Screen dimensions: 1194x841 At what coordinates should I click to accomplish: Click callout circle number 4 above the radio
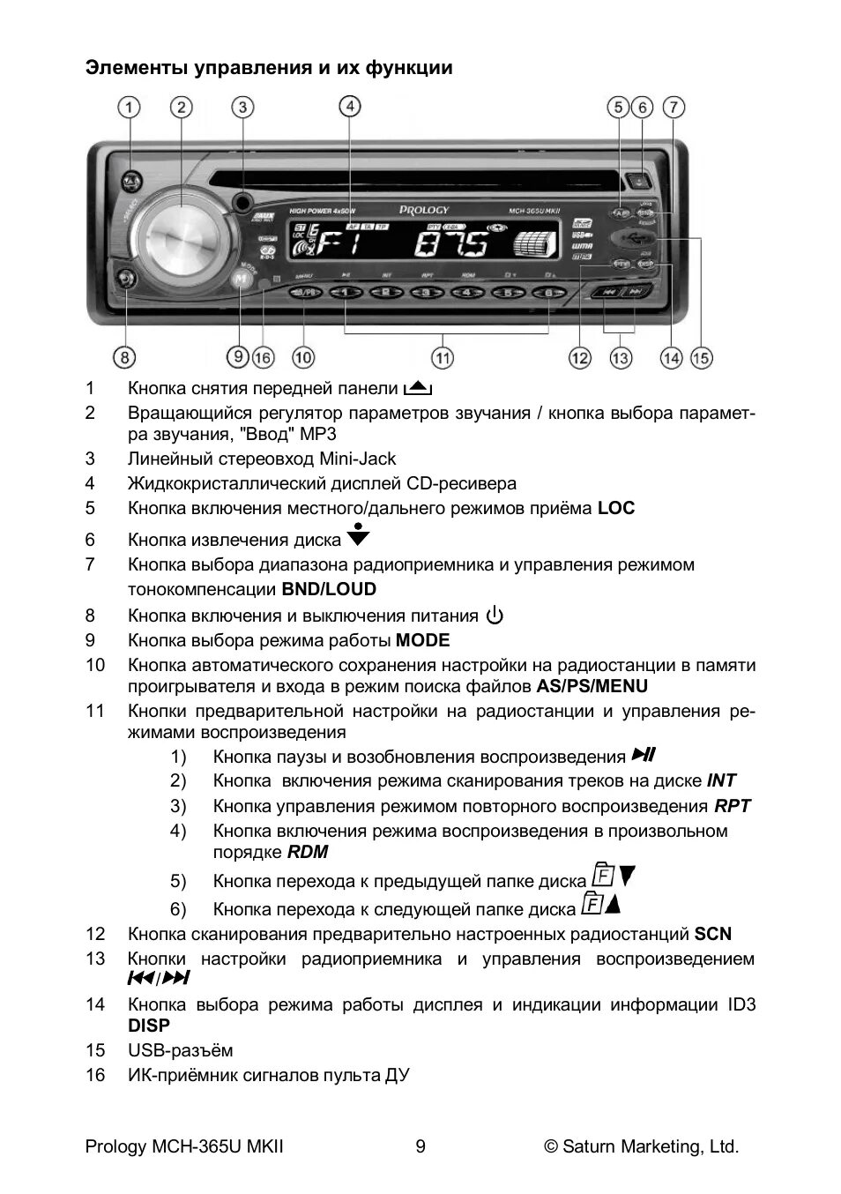tap(350, 107)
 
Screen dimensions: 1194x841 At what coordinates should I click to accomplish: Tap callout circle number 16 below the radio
tap(263, 357)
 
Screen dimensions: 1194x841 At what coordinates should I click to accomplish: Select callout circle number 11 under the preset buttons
tap(442, 357)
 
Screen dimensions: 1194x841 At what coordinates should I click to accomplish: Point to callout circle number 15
tap(701, 357)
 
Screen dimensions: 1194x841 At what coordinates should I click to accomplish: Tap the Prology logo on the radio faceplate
tap(424, 210)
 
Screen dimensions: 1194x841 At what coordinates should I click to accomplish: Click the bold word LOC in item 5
tap(615, 508)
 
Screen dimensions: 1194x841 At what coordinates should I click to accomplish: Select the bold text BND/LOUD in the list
tap(329, 589)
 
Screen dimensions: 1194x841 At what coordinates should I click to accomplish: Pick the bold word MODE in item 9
tap(422, 640)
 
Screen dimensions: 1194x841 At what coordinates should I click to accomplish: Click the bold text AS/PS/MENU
tap(592, 686)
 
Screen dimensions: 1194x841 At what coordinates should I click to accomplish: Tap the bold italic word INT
tap(721, 780)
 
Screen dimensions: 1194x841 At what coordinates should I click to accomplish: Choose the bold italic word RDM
tap(308, 852)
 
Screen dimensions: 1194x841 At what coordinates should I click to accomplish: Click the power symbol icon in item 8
tap(495, 616)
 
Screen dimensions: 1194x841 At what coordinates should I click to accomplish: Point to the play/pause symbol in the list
tap(644, 755)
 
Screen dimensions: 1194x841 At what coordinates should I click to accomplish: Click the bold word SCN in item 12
tap(712, 934)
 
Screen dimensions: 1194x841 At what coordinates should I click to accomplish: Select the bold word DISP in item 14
tap(149, 1026)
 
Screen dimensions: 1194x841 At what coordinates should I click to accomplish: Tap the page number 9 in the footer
tap(420, 1146)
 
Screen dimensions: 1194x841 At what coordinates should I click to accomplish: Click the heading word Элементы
tap(130, 68)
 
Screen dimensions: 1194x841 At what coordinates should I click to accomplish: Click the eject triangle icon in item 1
tap(417, 387)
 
